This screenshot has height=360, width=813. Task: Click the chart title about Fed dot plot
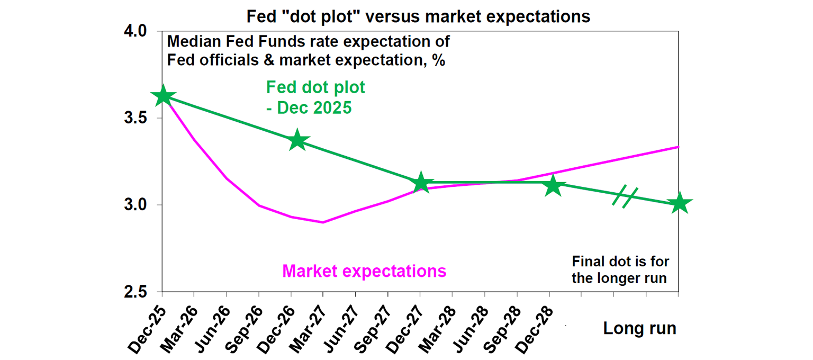(x=418, y=16)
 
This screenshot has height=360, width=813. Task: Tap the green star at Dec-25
(x=163, y=96)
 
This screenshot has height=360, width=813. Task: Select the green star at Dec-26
(x=297, y=140)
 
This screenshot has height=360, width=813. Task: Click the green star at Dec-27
(x=421, y=183)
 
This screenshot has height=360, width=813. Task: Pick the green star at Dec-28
(x=553, y=185)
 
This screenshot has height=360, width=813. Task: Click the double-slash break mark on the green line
(x=625, y=196)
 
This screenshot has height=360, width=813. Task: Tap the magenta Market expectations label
(x=364, y=271)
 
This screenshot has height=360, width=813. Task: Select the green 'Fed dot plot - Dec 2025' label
(x=315, y=97)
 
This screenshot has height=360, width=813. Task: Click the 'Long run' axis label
(x=639, y=328)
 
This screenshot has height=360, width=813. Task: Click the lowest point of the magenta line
(x=323, y=222)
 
